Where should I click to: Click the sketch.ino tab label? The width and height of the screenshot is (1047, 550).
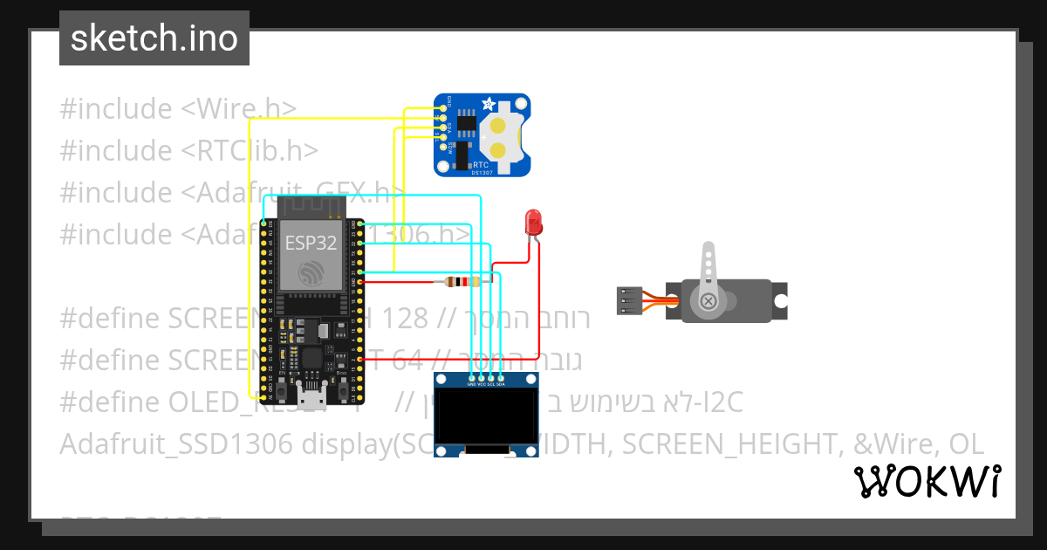(154, 38)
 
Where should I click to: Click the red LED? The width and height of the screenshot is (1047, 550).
(532, 222)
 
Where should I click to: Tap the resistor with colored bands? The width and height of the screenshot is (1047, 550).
(461, 281)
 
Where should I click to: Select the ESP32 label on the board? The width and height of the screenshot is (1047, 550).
(310, 244)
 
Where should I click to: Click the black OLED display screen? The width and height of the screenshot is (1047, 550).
(486, 416)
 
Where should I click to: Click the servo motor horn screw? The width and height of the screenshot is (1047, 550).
(708, 302)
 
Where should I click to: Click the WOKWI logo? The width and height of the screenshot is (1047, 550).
(927, 481)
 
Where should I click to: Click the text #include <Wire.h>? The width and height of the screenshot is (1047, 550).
(178, 109)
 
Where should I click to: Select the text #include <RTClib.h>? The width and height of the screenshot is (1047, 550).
(188, 151)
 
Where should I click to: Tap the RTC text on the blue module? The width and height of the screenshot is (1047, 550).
(481, 164)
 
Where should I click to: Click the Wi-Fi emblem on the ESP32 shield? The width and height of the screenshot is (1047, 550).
(311, 272)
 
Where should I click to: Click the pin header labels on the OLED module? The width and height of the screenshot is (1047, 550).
(486, 383)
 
